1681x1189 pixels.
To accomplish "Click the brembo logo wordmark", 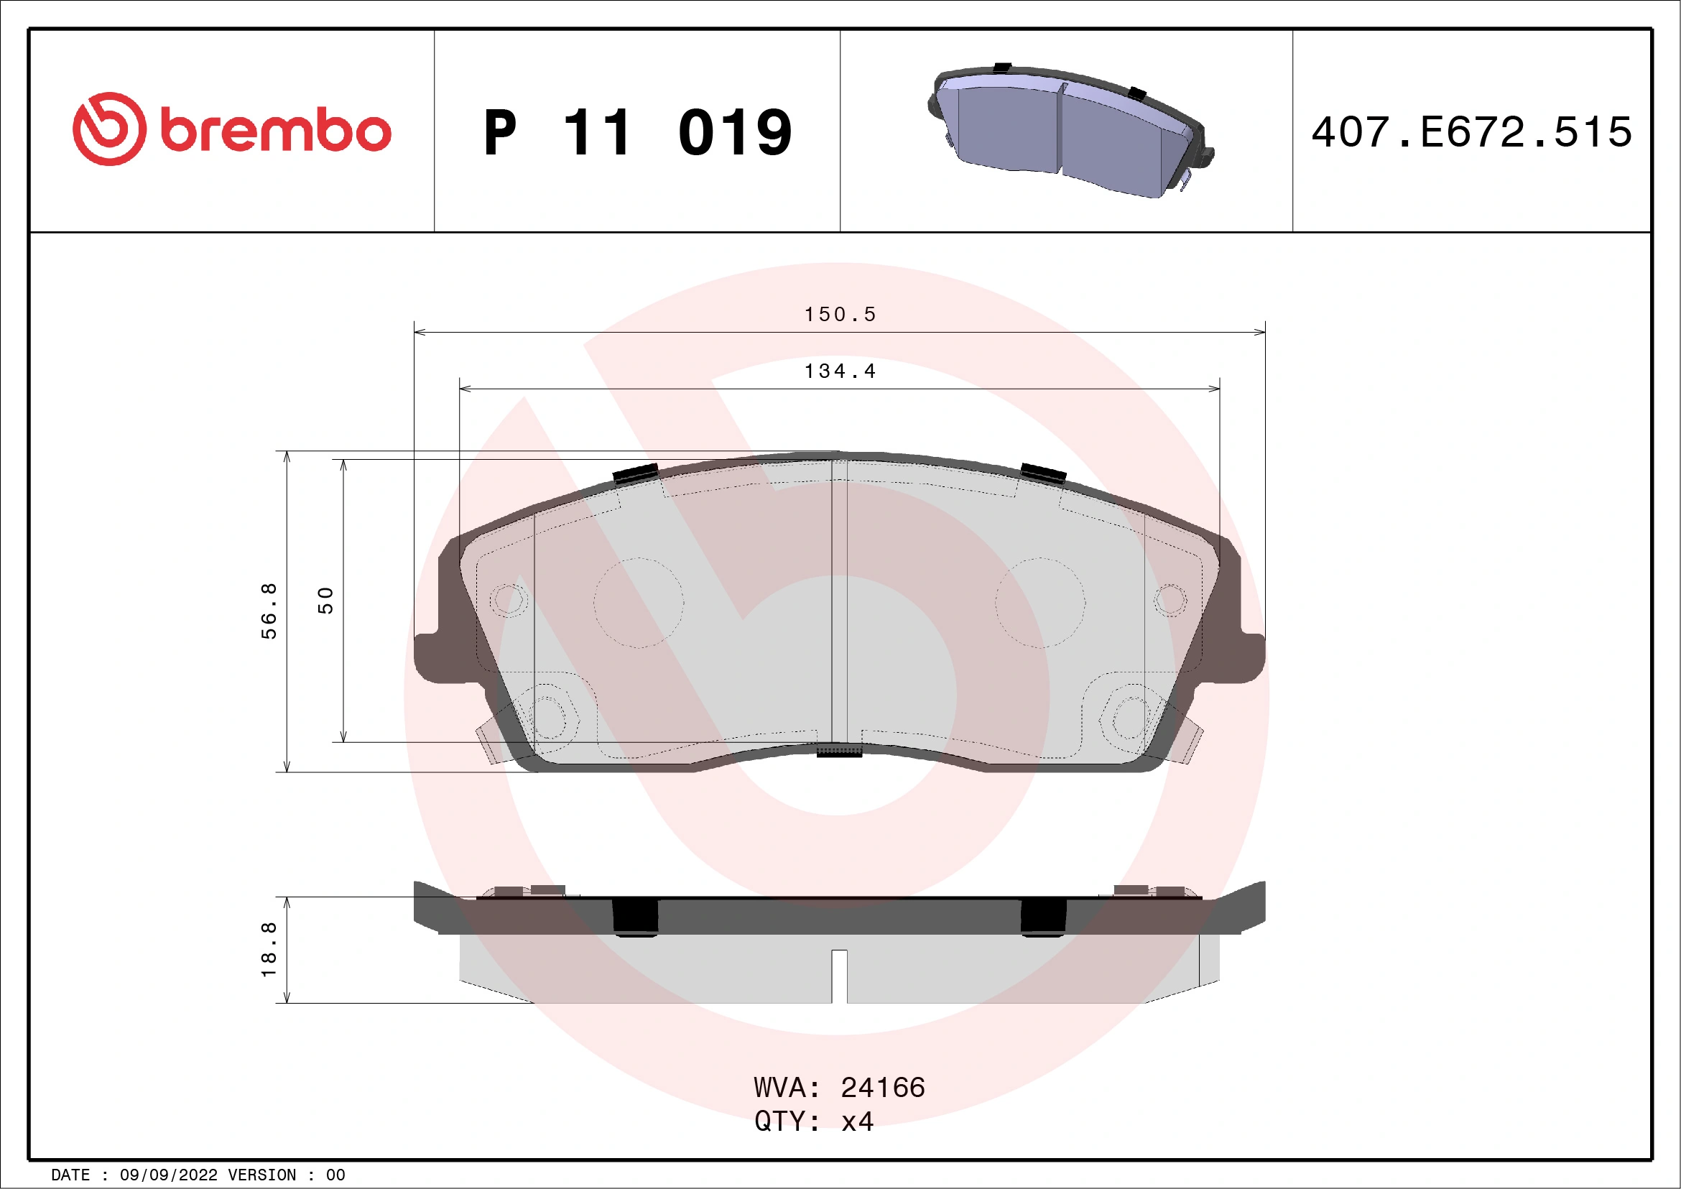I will coord(275,131).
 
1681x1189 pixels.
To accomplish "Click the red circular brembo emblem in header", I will coord(109,129).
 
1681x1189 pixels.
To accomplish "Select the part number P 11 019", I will coord(637,132).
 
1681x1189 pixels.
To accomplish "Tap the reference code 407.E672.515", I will coord(1472,132).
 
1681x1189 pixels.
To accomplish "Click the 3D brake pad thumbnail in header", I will coord(1069,130).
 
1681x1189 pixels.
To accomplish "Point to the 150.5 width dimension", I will coord(840,315).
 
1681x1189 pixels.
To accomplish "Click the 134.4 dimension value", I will coord(840,372).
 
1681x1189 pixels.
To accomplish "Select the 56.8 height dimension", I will coord(269,611).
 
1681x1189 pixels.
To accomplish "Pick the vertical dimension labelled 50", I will coord(326,601).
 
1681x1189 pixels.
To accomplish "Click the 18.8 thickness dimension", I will coord(269,950).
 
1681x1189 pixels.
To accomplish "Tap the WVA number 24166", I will coord(882,1088).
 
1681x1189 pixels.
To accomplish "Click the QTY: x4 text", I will coord(813,1121).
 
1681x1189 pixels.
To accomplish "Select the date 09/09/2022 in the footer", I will coord(168,1175).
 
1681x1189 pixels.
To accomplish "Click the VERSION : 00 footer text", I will coord(286,1175).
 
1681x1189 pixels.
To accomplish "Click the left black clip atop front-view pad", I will coord(636,473).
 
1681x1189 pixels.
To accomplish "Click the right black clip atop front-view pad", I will coord(1043,473).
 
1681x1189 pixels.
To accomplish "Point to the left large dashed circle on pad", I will coord(639,603).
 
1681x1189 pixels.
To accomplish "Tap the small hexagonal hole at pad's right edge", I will coord(1170,601).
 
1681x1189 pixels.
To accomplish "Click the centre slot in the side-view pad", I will coord(840,976).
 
